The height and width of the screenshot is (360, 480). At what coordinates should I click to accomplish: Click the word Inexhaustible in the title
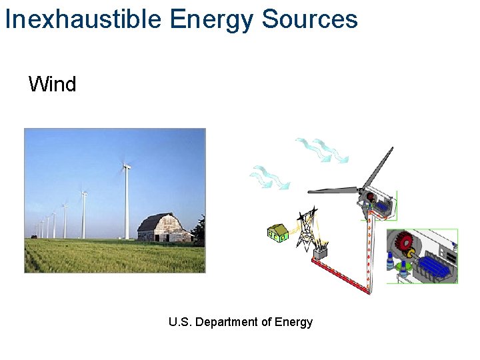coord(83,19)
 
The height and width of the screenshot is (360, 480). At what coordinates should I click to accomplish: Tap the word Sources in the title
coord(309,19)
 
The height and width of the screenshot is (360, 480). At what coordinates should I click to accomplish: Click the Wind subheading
coord(52,85)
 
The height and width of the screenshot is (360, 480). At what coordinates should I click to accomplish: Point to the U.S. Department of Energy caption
coord(241,323)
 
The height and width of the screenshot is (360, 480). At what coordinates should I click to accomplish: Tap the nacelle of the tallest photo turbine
coord(126,166)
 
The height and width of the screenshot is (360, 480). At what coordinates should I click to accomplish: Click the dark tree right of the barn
coord(199,231)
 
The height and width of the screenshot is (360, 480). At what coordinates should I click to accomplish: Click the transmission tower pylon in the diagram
coord(307,227)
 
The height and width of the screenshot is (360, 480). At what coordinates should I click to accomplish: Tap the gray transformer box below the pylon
coord(321,253)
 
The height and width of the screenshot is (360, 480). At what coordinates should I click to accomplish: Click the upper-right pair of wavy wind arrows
coord(321,149)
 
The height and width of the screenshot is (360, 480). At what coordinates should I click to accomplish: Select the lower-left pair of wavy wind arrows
coord(269,179)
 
